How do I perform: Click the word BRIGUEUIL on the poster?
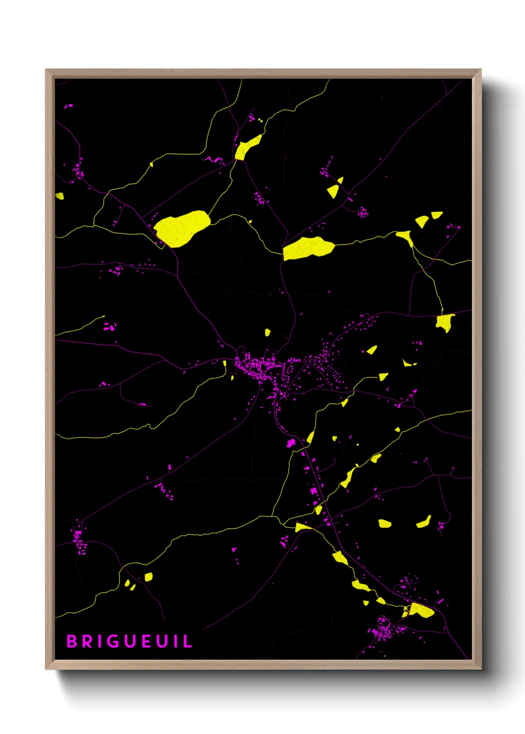click(129, 641)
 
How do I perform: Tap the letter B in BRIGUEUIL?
click(71, 641)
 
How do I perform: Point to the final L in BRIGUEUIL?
click(188, 641)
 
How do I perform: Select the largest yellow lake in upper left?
click(181, 228)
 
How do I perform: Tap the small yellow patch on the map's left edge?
click(60, 196)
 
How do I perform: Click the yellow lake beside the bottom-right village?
click(421, 610)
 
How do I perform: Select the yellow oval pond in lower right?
click(385, 523)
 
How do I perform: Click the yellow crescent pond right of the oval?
click(424, 523)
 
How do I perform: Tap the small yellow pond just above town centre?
click(267, 332)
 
